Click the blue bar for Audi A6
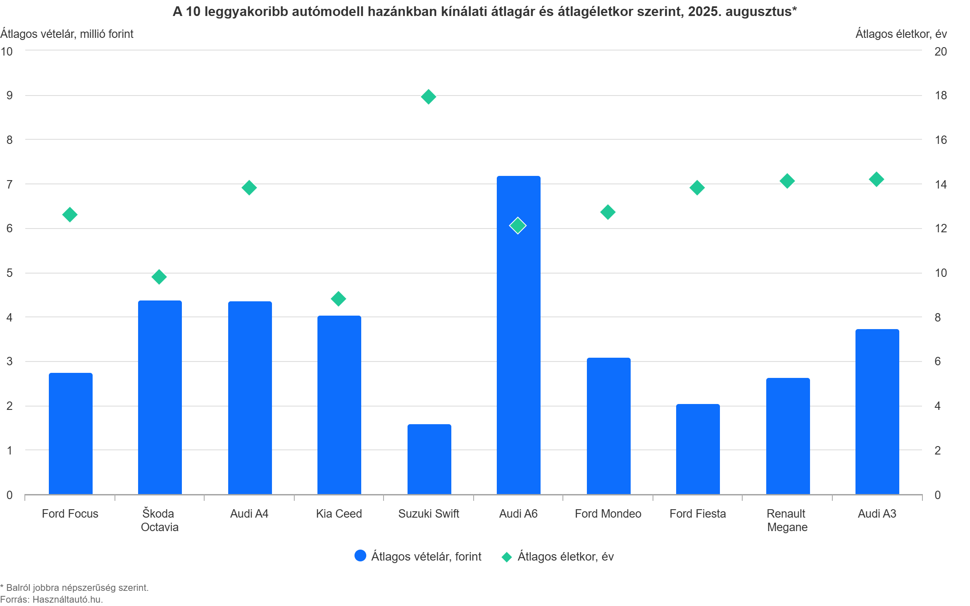click(518, 335)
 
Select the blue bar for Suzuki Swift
click(429, 459)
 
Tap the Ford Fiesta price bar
click(698, 449)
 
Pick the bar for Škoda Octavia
click(160, 397)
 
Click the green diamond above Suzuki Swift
click(428, 97)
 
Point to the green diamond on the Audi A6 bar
click(517, 226)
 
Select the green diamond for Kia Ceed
click(338, 299)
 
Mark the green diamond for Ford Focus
click(69, 215)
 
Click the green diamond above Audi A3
click(876, 179)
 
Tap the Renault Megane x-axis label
click(787, 520)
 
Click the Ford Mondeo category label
click(608, 513)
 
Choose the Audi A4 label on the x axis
click(249, 513)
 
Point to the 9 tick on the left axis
click(9, 96)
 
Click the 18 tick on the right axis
click(941, 96)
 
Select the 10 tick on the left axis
click(7, 51)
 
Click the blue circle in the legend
click(360, 555)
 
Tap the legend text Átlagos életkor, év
click(565, 556)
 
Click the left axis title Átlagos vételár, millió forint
click(67, 34)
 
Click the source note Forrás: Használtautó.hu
click(51, 599)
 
